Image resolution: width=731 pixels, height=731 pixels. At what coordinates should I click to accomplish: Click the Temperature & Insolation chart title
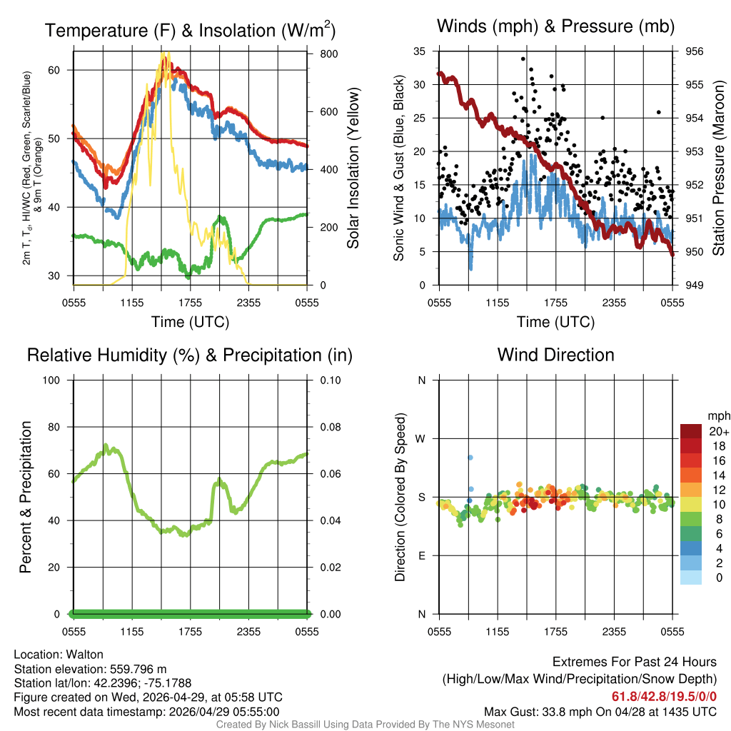point(190,31)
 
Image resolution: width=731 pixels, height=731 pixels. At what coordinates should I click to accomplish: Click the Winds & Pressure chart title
point(555,26)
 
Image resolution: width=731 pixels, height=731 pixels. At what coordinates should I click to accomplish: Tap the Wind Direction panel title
point(555,355)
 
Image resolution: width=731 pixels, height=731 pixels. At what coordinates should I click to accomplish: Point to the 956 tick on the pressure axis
point(694,51)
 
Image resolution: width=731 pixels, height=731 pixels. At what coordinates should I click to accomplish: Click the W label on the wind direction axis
point(420,439)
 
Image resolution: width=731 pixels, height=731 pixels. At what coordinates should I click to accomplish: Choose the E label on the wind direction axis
point(421,556)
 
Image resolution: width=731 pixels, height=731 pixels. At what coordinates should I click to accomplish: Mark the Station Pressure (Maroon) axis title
point(718,168)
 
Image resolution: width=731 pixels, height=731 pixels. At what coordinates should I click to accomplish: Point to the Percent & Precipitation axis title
point(26,497)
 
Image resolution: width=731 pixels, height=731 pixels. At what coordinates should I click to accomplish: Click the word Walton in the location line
point(84,655)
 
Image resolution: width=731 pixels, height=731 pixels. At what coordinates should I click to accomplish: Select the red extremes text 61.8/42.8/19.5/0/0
point(664,696)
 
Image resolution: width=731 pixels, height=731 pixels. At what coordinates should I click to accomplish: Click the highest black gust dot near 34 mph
point(523,59)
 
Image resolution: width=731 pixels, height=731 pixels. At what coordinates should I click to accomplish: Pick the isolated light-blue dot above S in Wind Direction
point(470,457)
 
